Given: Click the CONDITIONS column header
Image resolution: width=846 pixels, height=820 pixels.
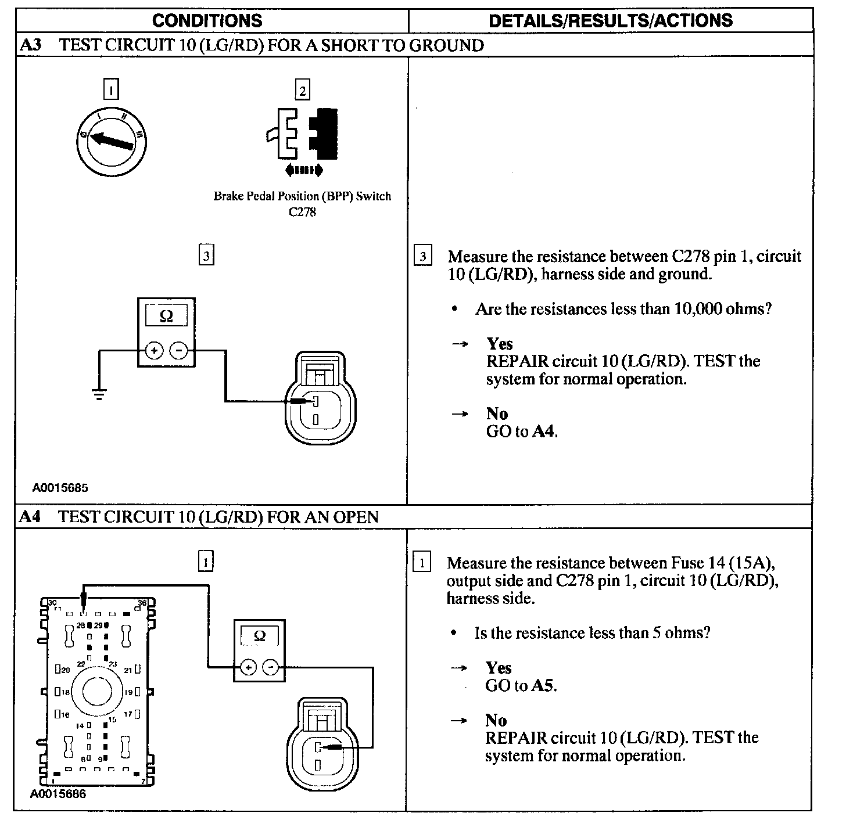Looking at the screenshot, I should click(207, 21).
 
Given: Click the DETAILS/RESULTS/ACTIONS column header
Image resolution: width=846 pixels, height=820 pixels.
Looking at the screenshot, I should click(611, 21).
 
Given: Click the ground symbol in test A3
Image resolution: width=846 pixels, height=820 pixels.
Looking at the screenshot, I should click(99, 395).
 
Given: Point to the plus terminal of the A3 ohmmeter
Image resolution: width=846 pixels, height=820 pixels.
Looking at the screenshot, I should click(154, 351).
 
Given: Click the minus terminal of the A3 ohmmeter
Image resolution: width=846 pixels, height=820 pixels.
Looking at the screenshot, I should click(179, 351).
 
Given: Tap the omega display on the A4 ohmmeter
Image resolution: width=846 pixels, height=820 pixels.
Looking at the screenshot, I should click(260, 636).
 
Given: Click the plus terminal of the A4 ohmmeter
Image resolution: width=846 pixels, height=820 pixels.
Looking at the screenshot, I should click(248, 668).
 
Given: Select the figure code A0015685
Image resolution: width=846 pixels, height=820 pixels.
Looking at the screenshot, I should click(60, 488).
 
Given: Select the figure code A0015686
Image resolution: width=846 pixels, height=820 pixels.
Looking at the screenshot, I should click(58, 794).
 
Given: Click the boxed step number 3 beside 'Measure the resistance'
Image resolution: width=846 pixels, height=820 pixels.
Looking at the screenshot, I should click(423, 257).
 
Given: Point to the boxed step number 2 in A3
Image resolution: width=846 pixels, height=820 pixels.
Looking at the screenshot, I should click(302, 90).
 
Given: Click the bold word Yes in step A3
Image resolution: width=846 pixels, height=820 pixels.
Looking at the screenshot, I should click(499, 344).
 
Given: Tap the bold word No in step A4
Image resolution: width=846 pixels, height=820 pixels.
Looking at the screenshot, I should click(496, 720).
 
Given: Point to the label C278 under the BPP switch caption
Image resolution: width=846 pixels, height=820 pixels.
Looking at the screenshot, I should click(302, 212).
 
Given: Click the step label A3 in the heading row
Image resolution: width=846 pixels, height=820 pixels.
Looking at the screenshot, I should click(30, 45).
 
